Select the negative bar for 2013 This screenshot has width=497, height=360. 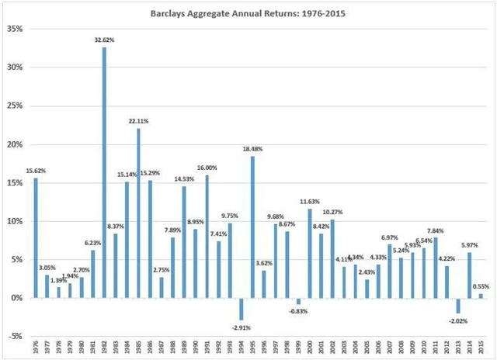[x=458, y=305]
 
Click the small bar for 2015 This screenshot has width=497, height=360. [x=481, y=296]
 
